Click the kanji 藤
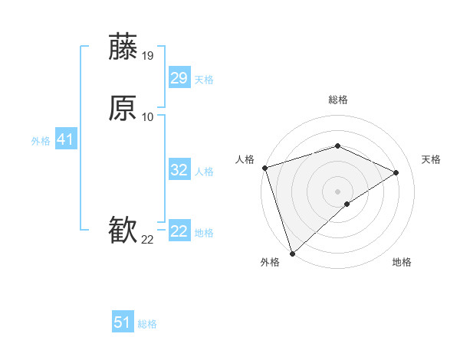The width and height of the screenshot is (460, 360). [x=123, y=47]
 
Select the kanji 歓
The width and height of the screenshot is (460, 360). [x=123, y=231]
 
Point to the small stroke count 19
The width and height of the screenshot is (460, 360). [x=148, y=56]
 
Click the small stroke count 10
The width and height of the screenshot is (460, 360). [x=148, y=117]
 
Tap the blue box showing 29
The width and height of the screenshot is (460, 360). [x=179, y=78]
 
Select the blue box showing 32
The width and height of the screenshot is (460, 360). [x=179, y=170]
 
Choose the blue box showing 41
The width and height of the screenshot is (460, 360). [x=65, y=139]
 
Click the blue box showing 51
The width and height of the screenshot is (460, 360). [x=123, y=322]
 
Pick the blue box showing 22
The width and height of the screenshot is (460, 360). [x=179, y=231]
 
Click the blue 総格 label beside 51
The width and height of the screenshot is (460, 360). [x=147, y=324]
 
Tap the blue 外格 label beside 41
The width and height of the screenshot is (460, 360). [x=40, y=141]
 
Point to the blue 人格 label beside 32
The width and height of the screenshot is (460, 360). [x=205, y=172]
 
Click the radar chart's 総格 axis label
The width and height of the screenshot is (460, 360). [x=338, y=100]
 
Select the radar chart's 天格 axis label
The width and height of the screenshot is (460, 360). [x=432, y=159]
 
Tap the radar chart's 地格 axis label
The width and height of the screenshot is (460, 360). [x=402, y=262]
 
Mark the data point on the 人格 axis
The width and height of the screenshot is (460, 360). [x=264, y=168]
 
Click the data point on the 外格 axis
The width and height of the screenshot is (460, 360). [x=292, y=253]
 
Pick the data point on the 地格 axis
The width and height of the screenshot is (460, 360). [x=347, y=204]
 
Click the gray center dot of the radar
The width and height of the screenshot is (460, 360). [x=338, y=191]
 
